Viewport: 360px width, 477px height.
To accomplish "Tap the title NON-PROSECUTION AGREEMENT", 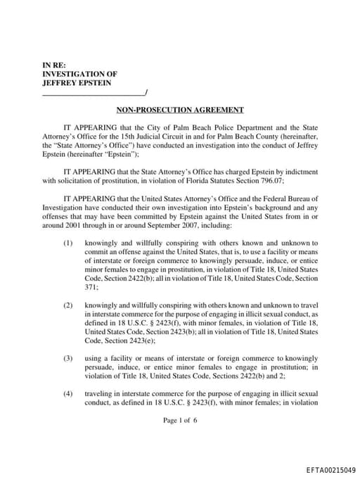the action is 180,110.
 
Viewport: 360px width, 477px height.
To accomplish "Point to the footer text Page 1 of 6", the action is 180,420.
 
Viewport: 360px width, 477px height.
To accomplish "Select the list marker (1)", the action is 67,242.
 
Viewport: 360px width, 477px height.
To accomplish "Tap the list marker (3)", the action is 67,358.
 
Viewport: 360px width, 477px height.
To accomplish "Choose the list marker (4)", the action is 67,393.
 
